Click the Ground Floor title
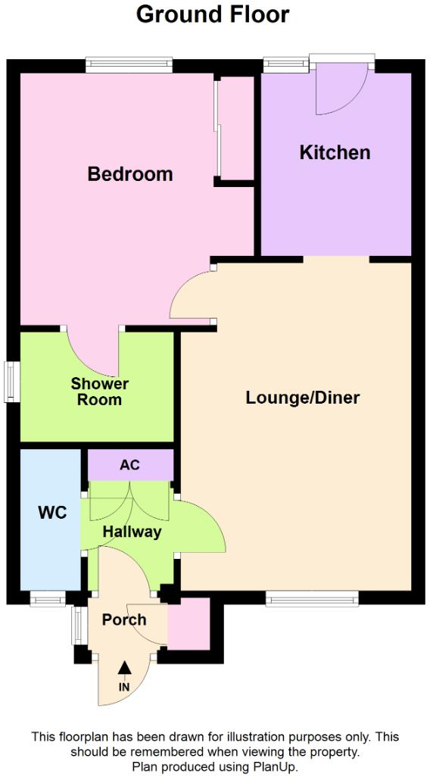coord(213,14)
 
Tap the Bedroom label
coord(130,174)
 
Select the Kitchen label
coord(335,152)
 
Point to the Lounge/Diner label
coord(302,398)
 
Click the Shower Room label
coord(100,392)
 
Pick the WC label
coord(52,513)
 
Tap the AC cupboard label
coord(129,465)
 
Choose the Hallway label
coord(132,532)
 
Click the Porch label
coord(124,619)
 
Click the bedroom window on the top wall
coord(128,65)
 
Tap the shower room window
coord(11,382)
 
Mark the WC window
coord(47,600)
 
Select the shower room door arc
coord(92,353)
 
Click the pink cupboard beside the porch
coord(189,624)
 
